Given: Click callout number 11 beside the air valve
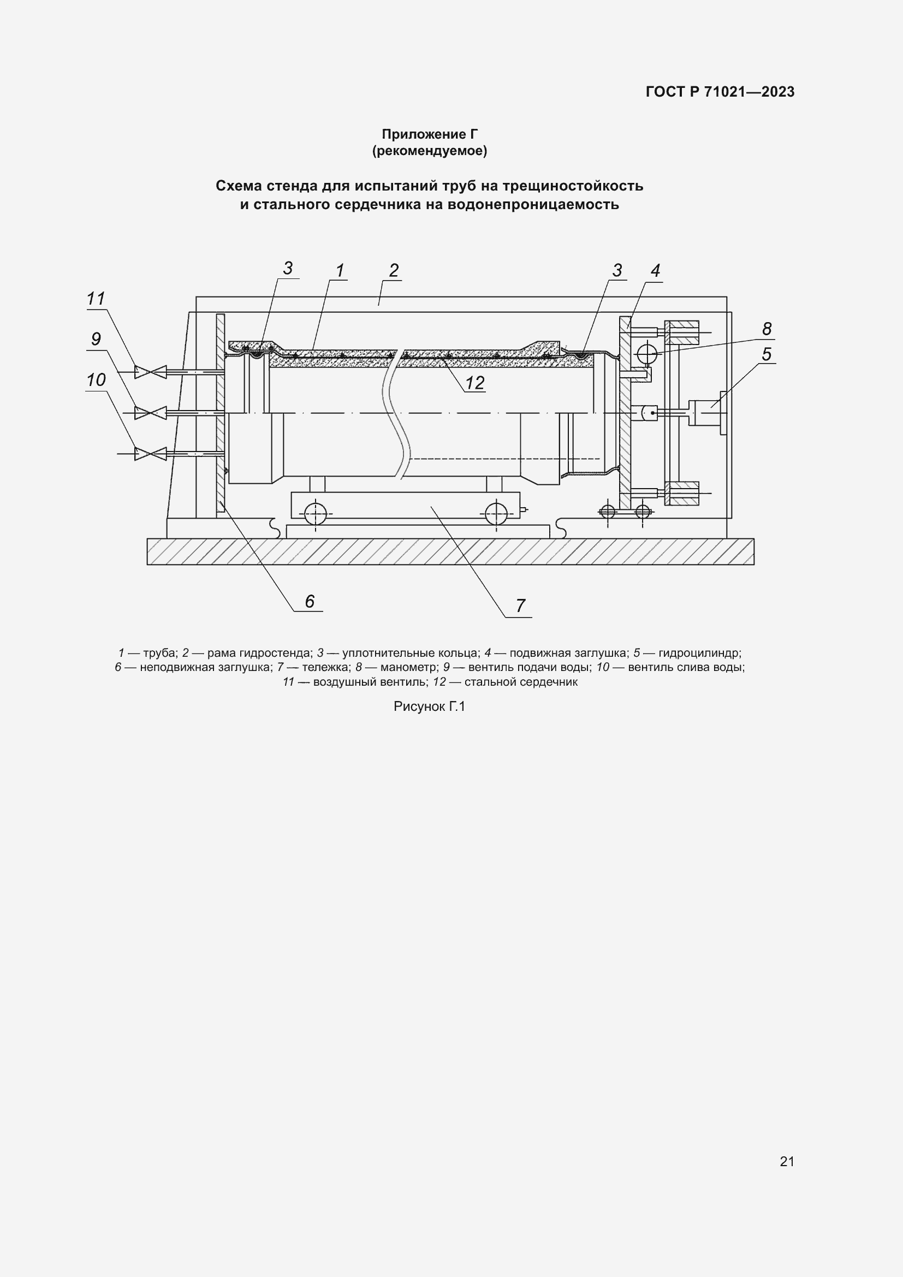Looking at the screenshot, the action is [96, 299].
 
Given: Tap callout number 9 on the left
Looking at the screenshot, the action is [96, 339].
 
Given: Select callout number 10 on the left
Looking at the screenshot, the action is [96, 380].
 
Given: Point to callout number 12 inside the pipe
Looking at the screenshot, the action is [475, 383].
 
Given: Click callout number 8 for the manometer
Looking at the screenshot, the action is [767, 329].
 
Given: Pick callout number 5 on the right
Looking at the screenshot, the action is [767, 354].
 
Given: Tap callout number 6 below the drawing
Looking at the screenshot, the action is [310, 601].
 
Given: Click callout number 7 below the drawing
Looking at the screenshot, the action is [520, 605].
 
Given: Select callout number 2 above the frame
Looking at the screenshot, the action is [394, 271].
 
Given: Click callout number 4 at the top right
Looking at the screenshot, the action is [656, 271].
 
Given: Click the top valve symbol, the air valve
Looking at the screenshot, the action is [150, 371].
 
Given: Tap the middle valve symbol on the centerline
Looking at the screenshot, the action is [150, 413].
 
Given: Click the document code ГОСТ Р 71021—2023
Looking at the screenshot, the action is [720, 92].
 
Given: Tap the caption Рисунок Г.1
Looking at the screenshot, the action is [429, 706].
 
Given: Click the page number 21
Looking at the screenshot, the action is [787, 1161].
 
